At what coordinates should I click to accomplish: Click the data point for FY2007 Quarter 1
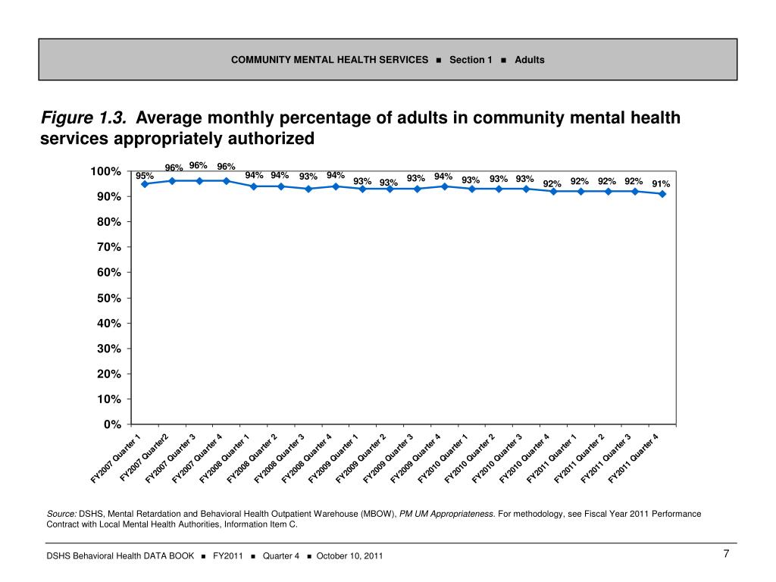coord(144,184)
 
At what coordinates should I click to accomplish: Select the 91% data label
coord(661,183)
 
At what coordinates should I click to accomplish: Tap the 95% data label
coord(145,176)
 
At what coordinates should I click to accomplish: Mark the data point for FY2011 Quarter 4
coord(662,194)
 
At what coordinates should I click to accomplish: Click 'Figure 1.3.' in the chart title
coord(83,118)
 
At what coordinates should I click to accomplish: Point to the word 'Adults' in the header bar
coord(530,60)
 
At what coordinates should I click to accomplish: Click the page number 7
coord(726,554)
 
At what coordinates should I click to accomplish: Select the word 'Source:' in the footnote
coord(61,514)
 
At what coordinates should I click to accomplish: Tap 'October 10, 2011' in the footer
coord(349,556)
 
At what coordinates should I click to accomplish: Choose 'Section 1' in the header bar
coord(471,60)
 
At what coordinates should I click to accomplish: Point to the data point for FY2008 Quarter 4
coord(335,186)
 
